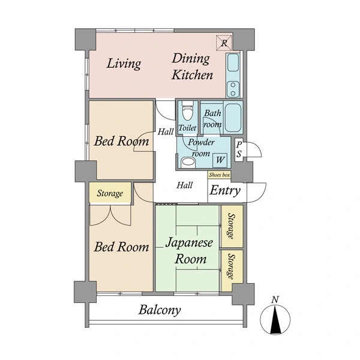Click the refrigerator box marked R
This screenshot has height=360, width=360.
[x=224, y=43]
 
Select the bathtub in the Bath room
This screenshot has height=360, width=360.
[x=233, y=118]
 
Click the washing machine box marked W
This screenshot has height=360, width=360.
[x=220, y=160]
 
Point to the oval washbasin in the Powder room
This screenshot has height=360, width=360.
[x=188, y=161]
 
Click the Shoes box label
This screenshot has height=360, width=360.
[x=219, y=175]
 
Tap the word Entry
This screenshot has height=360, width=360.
[x=225, y=190]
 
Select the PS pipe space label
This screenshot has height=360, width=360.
[x=239, y=149]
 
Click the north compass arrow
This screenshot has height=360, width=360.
[x=275, y=319]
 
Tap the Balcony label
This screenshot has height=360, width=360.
[x=160, y=310]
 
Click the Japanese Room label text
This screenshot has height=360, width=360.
[x=190, y=251]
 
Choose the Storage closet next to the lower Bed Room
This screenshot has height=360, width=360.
[x=110, y=193]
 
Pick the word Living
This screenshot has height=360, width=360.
[x=124, y=64]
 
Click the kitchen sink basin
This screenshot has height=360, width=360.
[x=233, y=62]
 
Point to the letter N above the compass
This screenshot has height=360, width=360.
[x=275, y=299]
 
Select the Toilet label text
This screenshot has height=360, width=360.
[x=187, y=128]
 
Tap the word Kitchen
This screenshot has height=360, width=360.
[x=192, y=75]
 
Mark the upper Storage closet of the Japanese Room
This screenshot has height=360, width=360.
[x=232, y=226]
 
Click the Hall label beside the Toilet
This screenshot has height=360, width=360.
[x=166, y=132]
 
